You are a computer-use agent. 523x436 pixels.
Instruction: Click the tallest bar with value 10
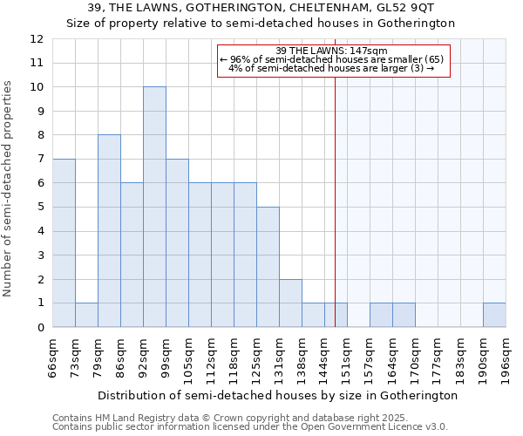(154, 207)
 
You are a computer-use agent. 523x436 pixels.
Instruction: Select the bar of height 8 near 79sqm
(109, 231)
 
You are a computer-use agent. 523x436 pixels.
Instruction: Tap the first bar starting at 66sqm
(64, 243)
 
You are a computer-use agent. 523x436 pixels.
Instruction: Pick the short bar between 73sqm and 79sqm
(86, 315)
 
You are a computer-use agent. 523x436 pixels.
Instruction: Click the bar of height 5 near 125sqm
(268, 267)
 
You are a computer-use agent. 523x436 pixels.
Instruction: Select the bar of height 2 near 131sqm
(290, 303)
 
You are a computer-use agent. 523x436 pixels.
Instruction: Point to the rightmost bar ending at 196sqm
(494, 315)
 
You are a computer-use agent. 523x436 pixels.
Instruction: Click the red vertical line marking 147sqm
(335, 218)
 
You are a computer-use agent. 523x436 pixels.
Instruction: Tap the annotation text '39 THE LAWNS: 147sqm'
(331, 51)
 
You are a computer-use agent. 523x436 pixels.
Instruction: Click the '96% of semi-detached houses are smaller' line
(331, 59)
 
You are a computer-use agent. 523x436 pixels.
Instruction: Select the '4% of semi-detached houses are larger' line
(331, 68)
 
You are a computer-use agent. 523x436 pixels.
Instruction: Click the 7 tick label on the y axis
(39, 160)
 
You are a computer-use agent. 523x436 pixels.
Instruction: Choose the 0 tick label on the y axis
(39, 328)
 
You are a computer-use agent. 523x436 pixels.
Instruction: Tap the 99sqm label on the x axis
(166, 355)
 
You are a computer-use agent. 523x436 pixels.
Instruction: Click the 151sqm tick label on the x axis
(347, 355)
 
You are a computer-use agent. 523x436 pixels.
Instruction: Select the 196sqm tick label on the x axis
(506, 355)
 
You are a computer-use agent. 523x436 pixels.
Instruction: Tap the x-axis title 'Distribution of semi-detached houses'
(277, 396)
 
